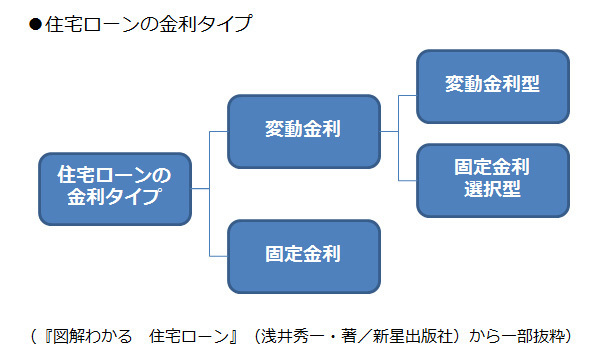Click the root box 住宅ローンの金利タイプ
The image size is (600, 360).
coord(114,187)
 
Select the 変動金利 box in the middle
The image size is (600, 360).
coord(304,131)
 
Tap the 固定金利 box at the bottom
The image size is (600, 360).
coord(304,254)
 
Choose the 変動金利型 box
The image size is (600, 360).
coord(492,84)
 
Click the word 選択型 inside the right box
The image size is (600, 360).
coord(492,191)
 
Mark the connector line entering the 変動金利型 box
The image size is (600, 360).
coord(407,96)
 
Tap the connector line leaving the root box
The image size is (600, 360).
coord(200,187)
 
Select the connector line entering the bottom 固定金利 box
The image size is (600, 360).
coord(218,254)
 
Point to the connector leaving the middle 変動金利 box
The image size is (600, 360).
coord(389,131)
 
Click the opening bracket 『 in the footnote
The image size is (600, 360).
coord(43,332)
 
